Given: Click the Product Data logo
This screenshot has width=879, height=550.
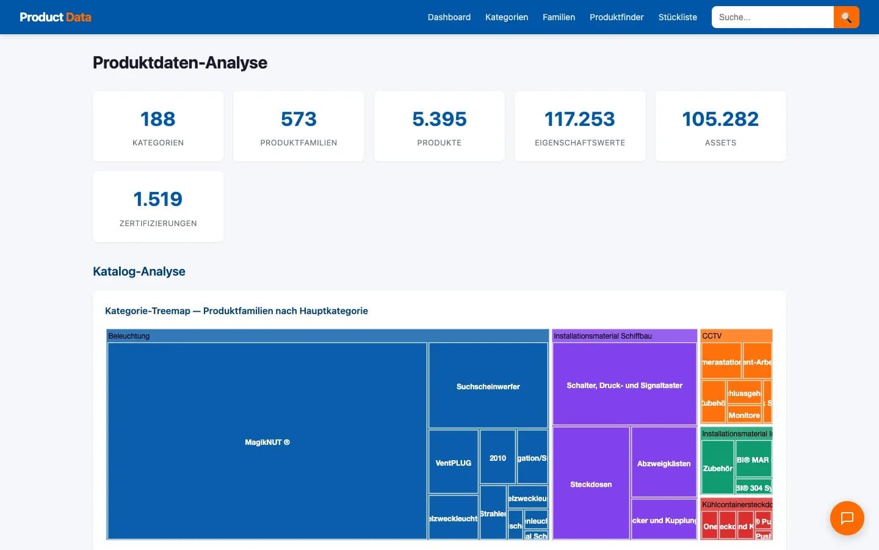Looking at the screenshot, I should click(56, 17).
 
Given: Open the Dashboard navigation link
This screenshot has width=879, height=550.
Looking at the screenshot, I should click(449, 17).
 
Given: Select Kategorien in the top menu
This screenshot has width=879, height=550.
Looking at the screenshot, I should click(506, 17).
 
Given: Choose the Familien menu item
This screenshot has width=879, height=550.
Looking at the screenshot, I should click(559, 17).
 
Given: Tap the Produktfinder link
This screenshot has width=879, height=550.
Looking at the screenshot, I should click(617, 17).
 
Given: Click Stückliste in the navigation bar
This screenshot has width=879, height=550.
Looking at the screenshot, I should click(678, 17).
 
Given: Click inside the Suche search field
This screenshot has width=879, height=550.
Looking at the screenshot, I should click(772, 17).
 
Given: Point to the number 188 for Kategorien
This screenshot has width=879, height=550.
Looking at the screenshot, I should click(157, 119).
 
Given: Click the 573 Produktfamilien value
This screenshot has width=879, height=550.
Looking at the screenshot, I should click(298, 119).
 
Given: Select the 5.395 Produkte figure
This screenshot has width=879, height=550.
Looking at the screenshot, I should click(439, 119).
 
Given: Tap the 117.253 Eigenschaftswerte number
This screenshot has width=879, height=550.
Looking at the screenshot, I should click(579, 119).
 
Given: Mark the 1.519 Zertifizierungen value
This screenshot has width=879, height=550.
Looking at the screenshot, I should click(157, 199).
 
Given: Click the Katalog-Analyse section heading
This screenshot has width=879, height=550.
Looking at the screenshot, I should click(139, 271).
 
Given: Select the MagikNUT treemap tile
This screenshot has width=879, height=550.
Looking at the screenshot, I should click(267, 441).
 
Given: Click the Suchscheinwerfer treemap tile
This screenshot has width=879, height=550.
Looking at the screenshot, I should click(488, 386).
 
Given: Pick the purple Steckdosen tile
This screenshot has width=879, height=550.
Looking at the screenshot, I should click(590, 483).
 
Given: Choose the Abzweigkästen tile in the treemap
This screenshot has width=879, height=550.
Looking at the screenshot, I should click(664, 463).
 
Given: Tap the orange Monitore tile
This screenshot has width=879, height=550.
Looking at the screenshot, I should click(744, 415).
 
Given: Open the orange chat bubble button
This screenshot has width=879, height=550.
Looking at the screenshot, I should click(847, 518).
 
